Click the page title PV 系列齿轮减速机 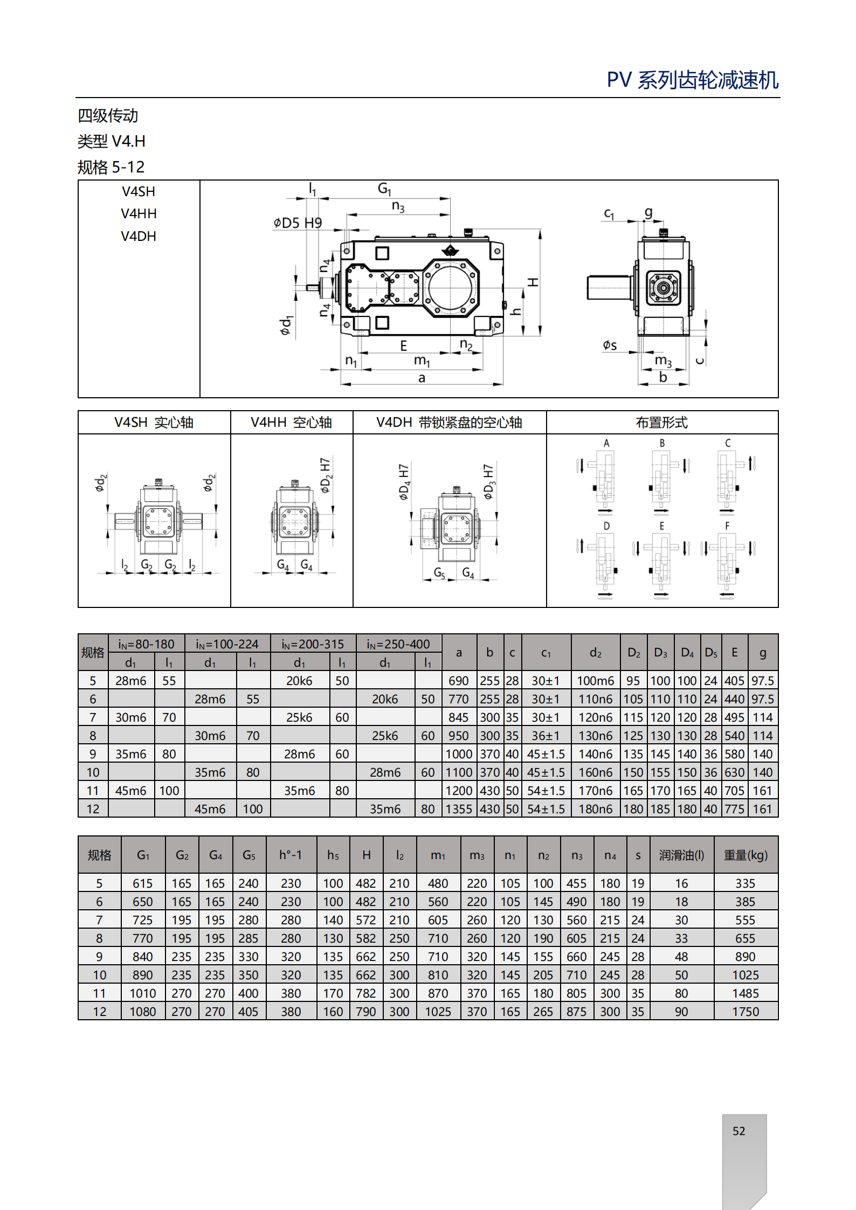[693, 80]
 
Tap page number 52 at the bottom [738, 1131]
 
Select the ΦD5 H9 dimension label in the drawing [297, 223]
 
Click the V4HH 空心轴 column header [291, 423]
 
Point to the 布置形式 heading [661, 423]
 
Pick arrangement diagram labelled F [727, 561]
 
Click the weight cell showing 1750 [745, 1012]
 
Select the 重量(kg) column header [745, 855]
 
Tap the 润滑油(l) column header [681, 855]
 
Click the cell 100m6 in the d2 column [595, 681]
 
